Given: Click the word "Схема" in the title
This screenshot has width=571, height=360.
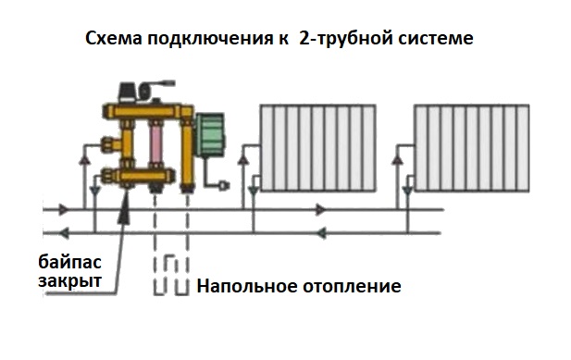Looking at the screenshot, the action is [x=113, y=38].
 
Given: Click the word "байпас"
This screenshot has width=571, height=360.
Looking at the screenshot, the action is [x=69, y=262].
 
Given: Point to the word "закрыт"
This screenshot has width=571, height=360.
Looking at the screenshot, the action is [x=69, y=281].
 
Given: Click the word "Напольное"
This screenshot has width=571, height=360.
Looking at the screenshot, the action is [x=247, y=286].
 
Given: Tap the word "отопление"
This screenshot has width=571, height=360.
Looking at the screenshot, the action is [x=353, y=287].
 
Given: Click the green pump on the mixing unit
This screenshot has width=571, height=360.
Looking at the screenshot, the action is [x=210, y=135].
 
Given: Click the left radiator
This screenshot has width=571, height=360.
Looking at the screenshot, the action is [x=318, y=147].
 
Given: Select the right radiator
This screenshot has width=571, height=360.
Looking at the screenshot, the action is [x=472, y=148].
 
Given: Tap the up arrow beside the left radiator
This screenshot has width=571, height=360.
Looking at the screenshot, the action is [x=242, y=158].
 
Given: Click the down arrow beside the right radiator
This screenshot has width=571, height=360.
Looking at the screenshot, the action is [x=407, y=191].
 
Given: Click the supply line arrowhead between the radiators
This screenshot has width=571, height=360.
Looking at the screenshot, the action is [x=320, y=210].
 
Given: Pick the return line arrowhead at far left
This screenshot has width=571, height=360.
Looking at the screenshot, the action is [x=64, y=233].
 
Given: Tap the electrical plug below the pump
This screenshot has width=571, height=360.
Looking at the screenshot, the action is [x=223, y=186].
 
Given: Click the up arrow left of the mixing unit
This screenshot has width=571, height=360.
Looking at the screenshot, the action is [x=84, y=160].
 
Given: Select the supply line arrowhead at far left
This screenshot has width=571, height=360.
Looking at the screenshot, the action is [x=63, y=210].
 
